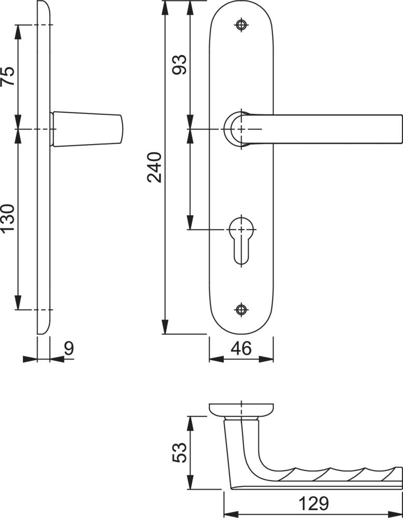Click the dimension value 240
point(154,167)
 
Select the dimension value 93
point(180,65)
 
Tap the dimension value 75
point(8,76)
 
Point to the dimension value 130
point(8,219)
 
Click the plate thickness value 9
point(69,348)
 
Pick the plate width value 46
point(241,348)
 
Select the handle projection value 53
point(180,453)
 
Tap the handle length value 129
point(314,504)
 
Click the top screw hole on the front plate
point(241,25)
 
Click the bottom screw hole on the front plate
point(241,310)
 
